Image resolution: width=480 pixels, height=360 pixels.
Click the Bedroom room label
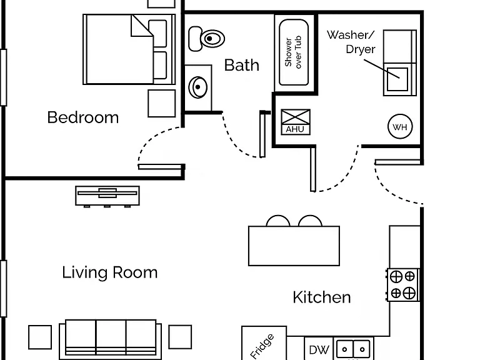pos(83,117)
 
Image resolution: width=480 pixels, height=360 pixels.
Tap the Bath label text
pos(241,65)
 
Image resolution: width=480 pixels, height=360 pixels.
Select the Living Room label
pos(110,272)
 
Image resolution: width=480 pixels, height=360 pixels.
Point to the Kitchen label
pos(322,297)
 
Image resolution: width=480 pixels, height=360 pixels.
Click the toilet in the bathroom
pos(206,39)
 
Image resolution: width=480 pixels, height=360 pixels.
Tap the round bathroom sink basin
pos(197,87)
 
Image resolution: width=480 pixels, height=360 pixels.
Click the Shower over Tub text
pos(293,52)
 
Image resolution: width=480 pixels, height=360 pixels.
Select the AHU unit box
pos(296,122)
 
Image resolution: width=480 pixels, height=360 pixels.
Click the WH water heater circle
pos(400,126)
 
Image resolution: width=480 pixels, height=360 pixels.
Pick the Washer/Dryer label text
pos(351,42)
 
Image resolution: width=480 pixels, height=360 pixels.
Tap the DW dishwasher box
pos(319,349)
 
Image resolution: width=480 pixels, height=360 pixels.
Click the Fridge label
pos(262,346)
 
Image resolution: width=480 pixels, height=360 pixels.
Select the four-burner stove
pos(403,285)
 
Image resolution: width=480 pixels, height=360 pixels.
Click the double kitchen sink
pos(353,349)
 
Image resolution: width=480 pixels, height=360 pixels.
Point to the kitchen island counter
pos(294,246)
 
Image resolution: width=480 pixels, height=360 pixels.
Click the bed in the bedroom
pos(129,49)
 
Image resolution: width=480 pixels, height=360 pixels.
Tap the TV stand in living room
pos(107,195)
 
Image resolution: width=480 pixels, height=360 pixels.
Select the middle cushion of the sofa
pos(111,337)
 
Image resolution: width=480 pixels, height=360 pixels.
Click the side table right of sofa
pos(180,337)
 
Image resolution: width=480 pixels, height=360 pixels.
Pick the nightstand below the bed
pos(162,104)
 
